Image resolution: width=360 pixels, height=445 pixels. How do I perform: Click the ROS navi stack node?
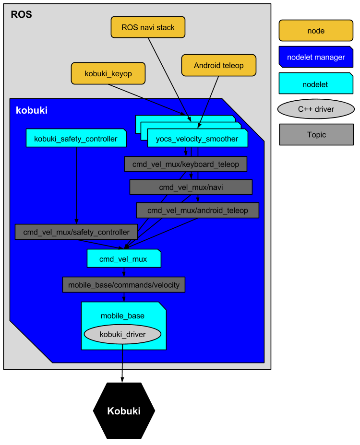(x=148, y=27)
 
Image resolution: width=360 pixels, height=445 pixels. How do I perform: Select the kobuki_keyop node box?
(x=108, y=74)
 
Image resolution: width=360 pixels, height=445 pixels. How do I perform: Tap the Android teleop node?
(x=218, y=65)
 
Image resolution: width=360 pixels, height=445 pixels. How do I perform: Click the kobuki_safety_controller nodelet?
(x=76, y=139)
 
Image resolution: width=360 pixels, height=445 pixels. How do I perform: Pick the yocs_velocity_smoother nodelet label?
(x=197, y=139)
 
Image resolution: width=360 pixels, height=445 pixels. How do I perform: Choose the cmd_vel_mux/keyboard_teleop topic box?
(x=185, y=164)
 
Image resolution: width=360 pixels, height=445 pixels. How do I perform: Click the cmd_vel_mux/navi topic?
(x=191, y=187)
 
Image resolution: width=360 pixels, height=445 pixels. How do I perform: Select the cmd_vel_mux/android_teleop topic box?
(x=197, y=210)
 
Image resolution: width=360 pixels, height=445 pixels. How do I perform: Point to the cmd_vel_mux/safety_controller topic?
(x=76, y=232)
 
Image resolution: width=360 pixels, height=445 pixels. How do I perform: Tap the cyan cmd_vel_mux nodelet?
(x=123, y=259)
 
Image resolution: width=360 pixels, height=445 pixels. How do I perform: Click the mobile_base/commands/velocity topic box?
(x=123, y=285)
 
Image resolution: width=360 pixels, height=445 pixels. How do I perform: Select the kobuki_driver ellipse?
(x=122, y=334)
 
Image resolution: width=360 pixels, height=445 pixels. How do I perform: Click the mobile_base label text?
(x=122, y=316)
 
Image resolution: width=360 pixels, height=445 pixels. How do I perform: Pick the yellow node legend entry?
(x=316, y=31)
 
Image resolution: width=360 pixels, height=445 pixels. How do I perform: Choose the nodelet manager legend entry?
(x=316, y=57)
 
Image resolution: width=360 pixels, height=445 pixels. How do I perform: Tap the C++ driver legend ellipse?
(x=316, y=109)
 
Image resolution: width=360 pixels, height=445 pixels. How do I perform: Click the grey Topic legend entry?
(x=316, y=135)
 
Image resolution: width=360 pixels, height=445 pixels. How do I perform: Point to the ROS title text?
(x=21, y=14)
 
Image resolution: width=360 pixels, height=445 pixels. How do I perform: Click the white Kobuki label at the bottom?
(x=123, y=411)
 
